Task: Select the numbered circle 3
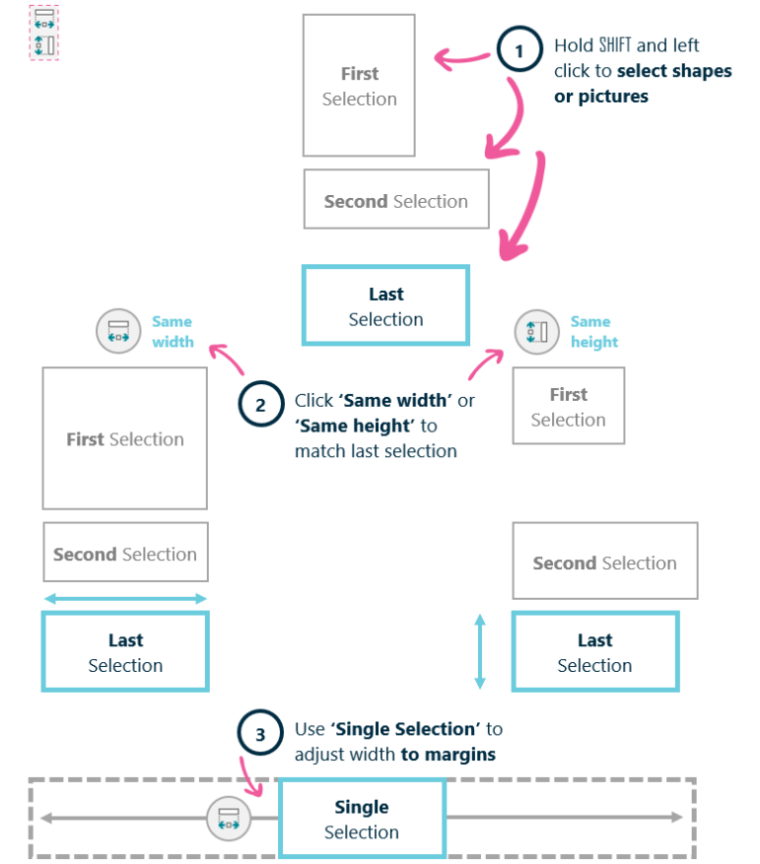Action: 259,734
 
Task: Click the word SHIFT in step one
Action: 615,46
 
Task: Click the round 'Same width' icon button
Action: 119,332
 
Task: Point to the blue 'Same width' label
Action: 172,332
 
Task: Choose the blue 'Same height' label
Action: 594,332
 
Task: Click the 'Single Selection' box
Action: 361,818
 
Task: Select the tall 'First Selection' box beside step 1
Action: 358,85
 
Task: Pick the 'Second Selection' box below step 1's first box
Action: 396,200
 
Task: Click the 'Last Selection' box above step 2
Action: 386,306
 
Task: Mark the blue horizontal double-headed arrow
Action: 125,598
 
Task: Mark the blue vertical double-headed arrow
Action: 480,650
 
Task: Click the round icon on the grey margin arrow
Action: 229,817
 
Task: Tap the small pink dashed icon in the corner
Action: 44,33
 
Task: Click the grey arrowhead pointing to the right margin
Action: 676,816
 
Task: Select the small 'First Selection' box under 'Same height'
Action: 568,406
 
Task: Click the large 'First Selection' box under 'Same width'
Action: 125,438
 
